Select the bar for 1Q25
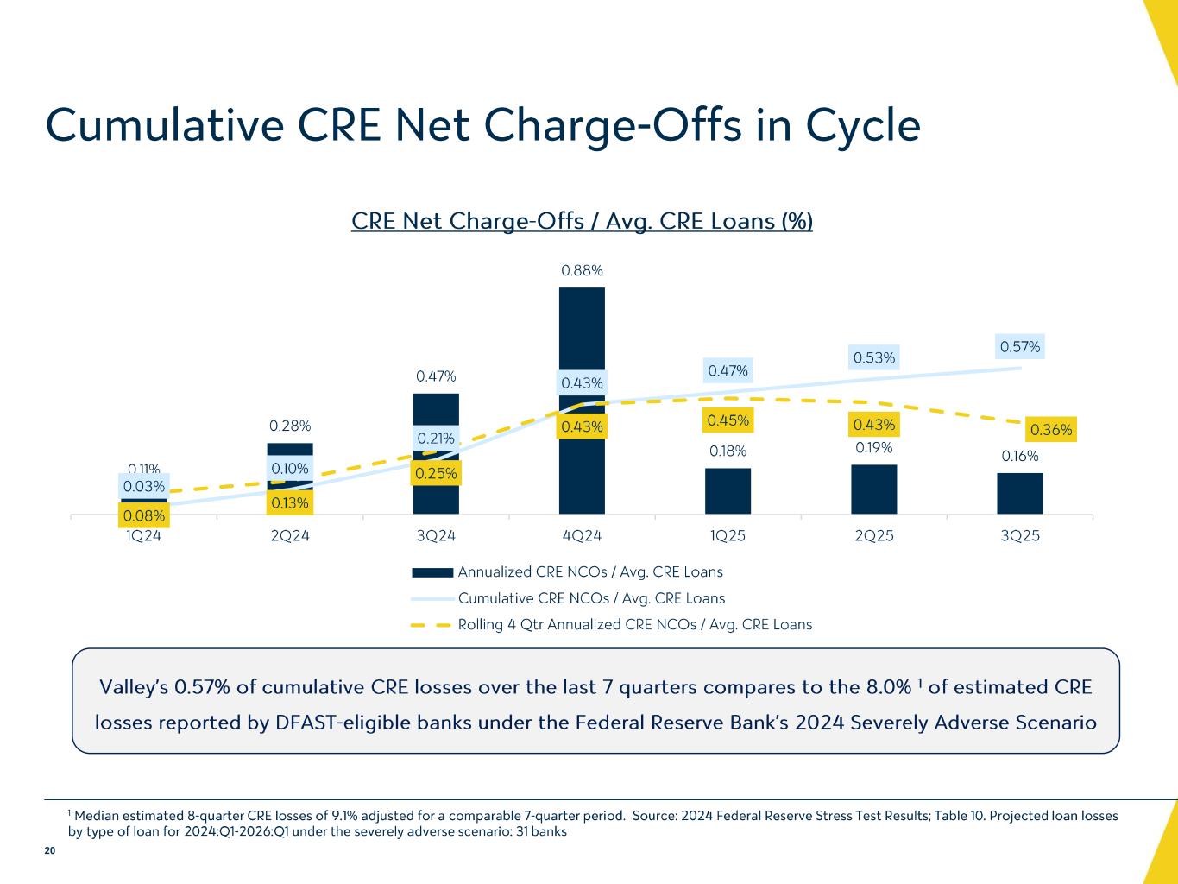(728, 491)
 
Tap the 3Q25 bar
(1019, 494)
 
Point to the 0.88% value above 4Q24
(582, 270)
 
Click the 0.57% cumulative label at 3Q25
(1020, 347)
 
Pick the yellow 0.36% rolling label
(1051, 429)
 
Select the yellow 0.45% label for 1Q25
(728, 420)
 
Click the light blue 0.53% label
(874, 357)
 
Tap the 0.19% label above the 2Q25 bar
(874, 447)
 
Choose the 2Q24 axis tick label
(290, 535)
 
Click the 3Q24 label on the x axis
(436, 535)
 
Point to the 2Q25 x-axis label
(873, 535)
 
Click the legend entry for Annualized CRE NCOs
(589, 571)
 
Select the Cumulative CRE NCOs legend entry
(590, 598)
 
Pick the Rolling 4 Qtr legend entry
(634, 624)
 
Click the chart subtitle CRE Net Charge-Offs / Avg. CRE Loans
(582, 222)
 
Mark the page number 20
(49, 851)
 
